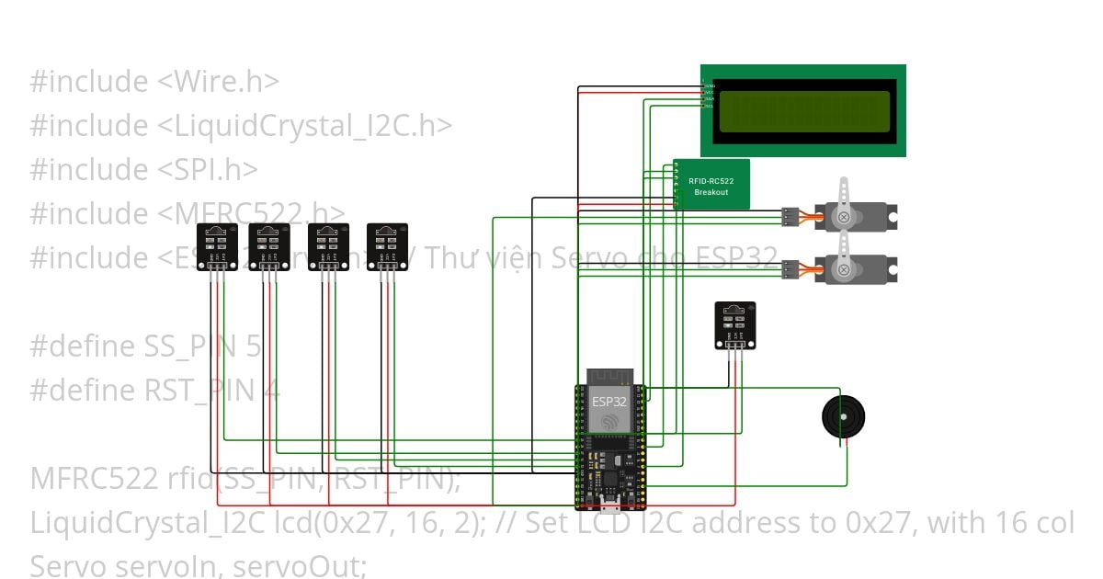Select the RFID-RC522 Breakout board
tap(711, 185)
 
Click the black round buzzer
tap(843, 418)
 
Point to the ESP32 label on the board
tap(608, 402)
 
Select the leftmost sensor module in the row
tap(218, 247)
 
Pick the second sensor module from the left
tap(269, 247)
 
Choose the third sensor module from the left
tap(328, 247)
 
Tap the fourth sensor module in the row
tap(387, 247)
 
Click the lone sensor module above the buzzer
tap(735, 325)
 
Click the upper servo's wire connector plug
tap(789, 217)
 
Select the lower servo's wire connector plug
tap(789, 269)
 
